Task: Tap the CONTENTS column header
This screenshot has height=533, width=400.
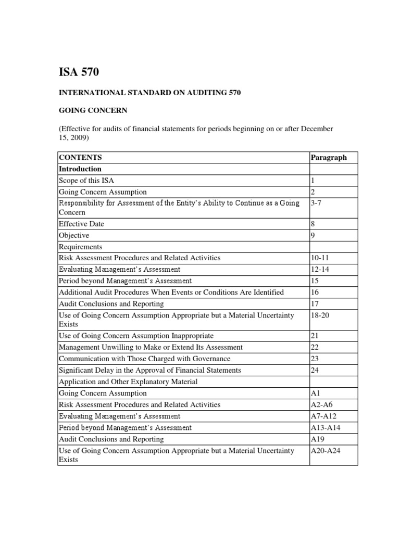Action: (80, 157)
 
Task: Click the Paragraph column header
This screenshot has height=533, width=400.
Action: (328, 157)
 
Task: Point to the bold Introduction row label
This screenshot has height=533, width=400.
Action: (80, 169)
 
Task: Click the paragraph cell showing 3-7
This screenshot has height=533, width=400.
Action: (317, 203)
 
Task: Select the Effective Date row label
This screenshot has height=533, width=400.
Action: (81, 224)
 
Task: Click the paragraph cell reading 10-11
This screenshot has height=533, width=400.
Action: (319, 258)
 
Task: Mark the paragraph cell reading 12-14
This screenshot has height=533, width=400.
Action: (319, 269)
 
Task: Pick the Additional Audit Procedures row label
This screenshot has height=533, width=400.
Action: (171, 292)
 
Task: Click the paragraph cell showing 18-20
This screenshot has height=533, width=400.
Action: (319, 315)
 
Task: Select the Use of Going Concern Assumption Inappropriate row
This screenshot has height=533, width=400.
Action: (136, 336)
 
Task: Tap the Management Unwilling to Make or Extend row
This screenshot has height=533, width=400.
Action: (151, 347)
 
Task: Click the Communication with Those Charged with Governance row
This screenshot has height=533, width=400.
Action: (144, 359)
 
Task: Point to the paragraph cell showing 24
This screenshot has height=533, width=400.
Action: (315, 370)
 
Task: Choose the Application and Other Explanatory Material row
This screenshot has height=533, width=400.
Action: (128, 382)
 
